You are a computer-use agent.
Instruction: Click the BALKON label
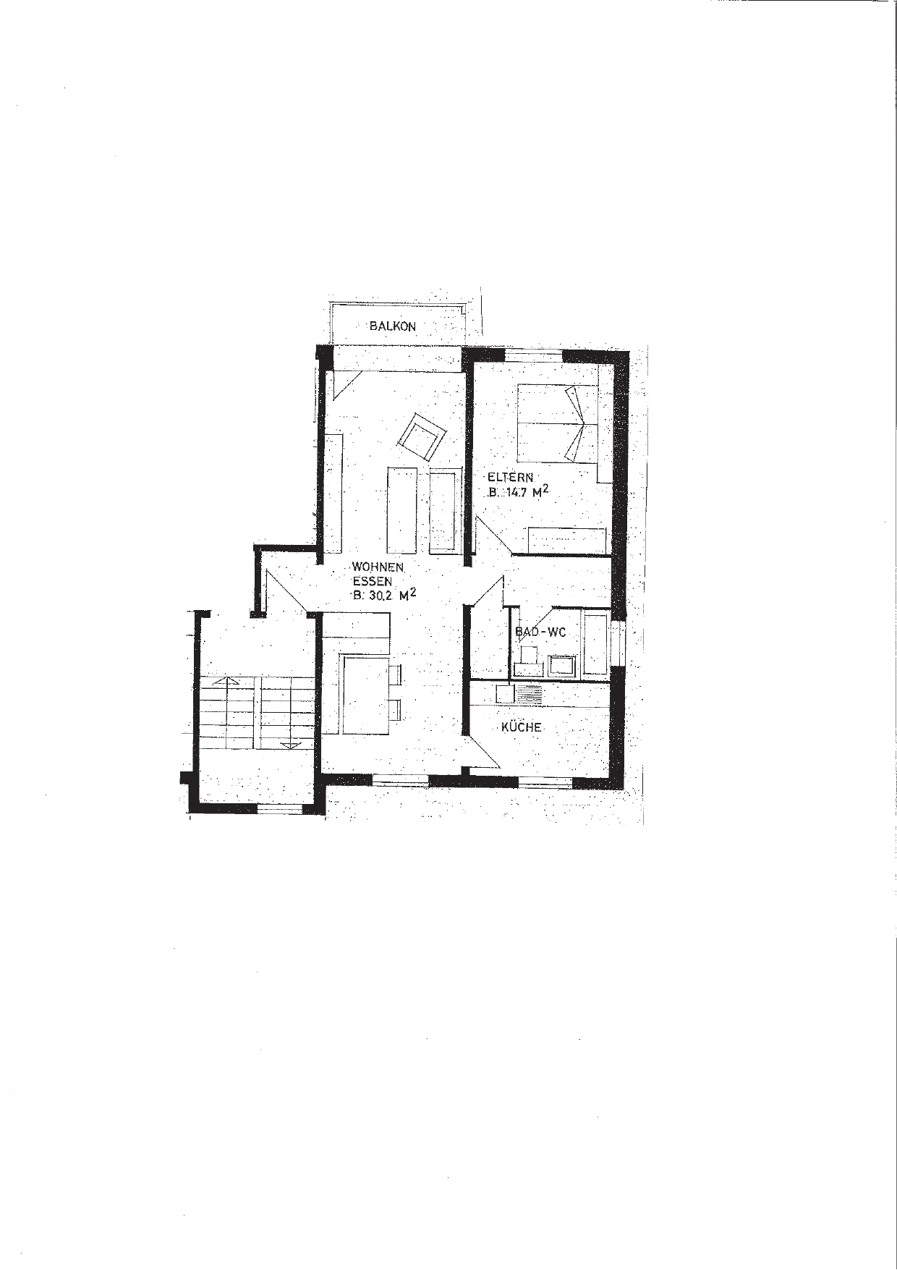(393, 326)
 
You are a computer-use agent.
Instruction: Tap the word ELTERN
(510, 478)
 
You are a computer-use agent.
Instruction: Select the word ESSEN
(373, 581)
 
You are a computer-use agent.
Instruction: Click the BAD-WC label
(540, 632)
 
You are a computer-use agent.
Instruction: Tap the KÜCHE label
(521, 727)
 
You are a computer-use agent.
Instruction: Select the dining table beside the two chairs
(366, 695)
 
